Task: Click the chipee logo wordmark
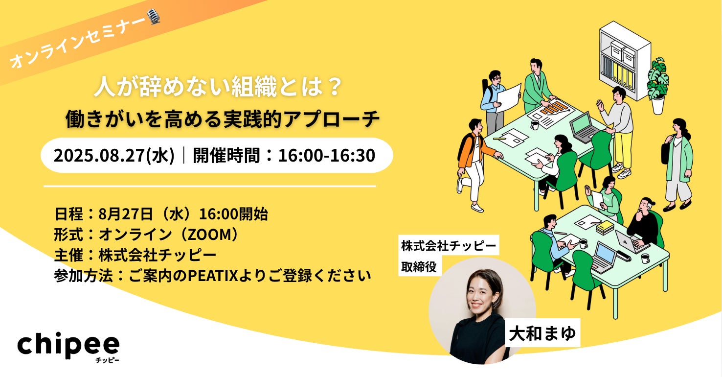[x=68, y=346]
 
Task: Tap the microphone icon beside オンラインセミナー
[x=154, y=17]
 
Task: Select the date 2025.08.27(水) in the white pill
[x=114, y=155]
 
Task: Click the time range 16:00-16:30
[x=326, y=155]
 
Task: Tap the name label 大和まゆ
[x=542, y=333]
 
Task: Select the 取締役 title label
[x=419, y=267]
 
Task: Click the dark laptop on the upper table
[x=584, y=128]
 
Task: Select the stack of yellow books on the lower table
[x=605, y=227]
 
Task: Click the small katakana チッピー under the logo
[x=107, y=360]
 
